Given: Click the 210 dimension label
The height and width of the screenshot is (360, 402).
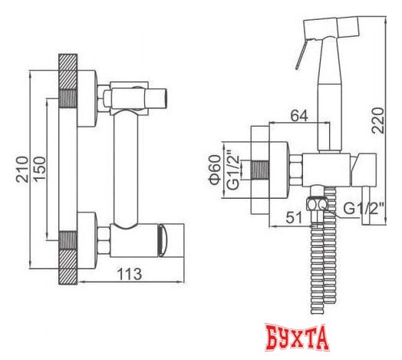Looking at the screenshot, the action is coord(22,170).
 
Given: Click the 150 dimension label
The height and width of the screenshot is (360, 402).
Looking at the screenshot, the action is coord(40,170).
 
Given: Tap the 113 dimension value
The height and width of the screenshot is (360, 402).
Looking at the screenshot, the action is coord(130,274).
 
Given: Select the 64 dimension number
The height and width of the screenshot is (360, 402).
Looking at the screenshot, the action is coord(299,116).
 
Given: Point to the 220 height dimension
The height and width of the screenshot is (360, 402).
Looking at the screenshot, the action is coord(378,121).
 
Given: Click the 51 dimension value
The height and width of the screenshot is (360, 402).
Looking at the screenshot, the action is coord(295,218).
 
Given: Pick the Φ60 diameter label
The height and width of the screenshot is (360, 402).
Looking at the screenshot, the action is coord(215,170).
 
